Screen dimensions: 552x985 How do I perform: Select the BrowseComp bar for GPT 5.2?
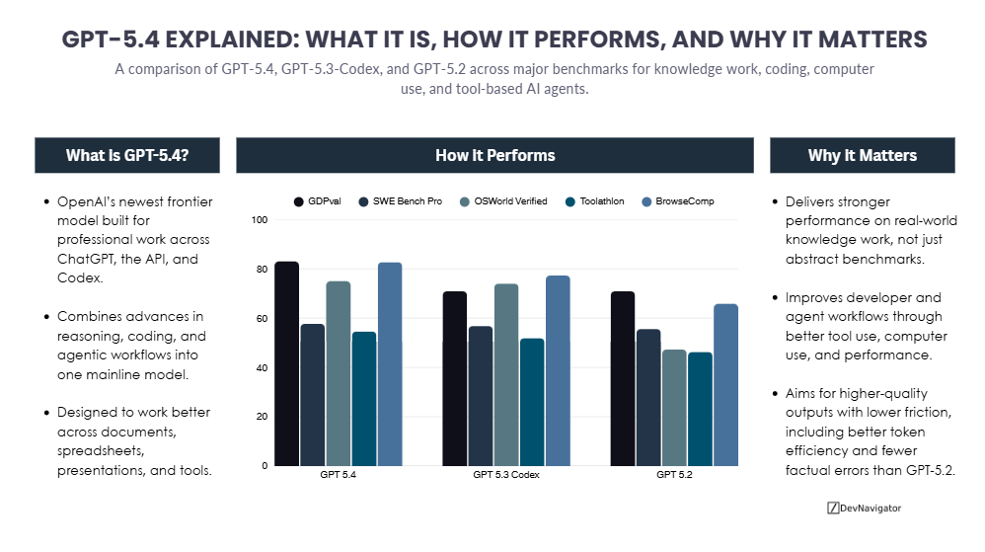click(x=725, y=385)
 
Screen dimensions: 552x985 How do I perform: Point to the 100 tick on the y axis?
click(x=260, y=220)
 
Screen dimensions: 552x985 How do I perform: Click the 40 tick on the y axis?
click(x=262, y=367)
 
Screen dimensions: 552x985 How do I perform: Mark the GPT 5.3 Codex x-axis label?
click(x=505, y=475)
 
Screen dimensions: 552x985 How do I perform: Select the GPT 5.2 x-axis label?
click(x=674, y=475)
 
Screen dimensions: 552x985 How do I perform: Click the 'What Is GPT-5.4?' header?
click(x=127, y=156)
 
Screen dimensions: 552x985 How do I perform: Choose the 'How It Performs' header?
click(x=494, y=156)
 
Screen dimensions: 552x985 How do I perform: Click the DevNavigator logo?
click(x=864, y=508)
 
